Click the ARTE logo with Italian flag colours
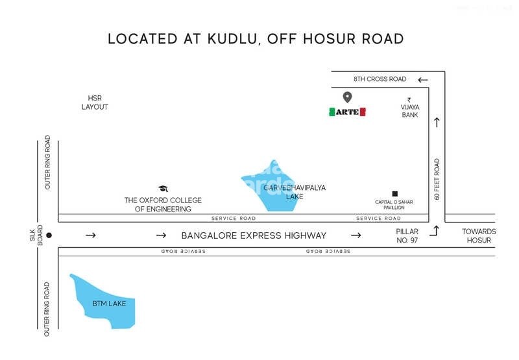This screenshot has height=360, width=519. (347, 112)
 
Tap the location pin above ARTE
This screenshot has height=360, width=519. (347, 97)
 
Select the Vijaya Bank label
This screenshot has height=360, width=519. (409, 111)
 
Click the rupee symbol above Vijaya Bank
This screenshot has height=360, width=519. (409, 100)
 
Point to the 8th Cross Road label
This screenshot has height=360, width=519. (380, 79)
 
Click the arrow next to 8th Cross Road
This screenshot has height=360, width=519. (423, 80)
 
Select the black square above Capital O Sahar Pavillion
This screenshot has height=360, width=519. (394, 193)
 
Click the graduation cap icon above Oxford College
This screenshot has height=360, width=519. (163, 189)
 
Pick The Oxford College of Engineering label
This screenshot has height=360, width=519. (163, 204)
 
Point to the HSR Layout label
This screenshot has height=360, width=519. (95, 102)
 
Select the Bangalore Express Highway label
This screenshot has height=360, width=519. (254, 235)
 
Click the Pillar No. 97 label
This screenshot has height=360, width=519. (407, 235)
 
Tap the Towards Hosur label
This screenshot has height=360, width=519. (479, 235)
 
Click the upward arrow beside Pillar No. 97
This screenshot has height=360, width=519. (436, 230)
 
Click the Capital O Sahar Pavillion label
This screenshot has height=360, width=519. (394, 205)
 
